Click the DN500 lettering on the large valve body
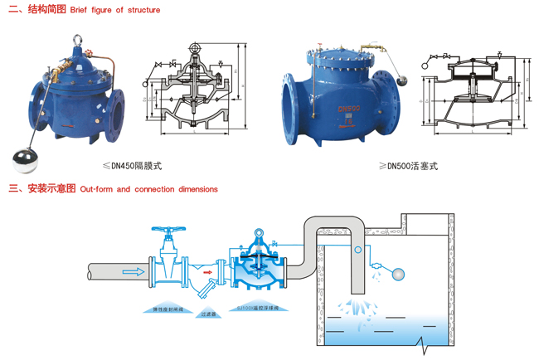tap(347, 109)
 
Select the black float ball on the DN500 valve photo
tap(403, 80)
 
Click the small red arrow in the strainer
tap(208, 270)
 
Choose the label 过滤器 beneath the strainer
tap(209, 314)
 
